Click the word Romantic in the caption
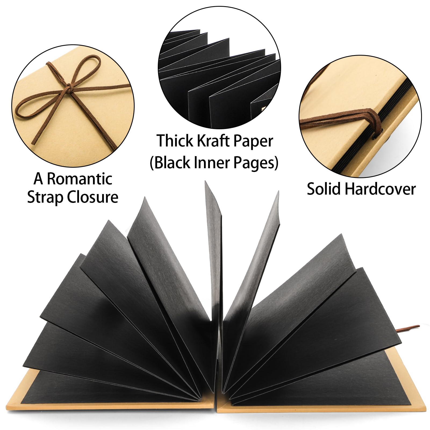point(80,179)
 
